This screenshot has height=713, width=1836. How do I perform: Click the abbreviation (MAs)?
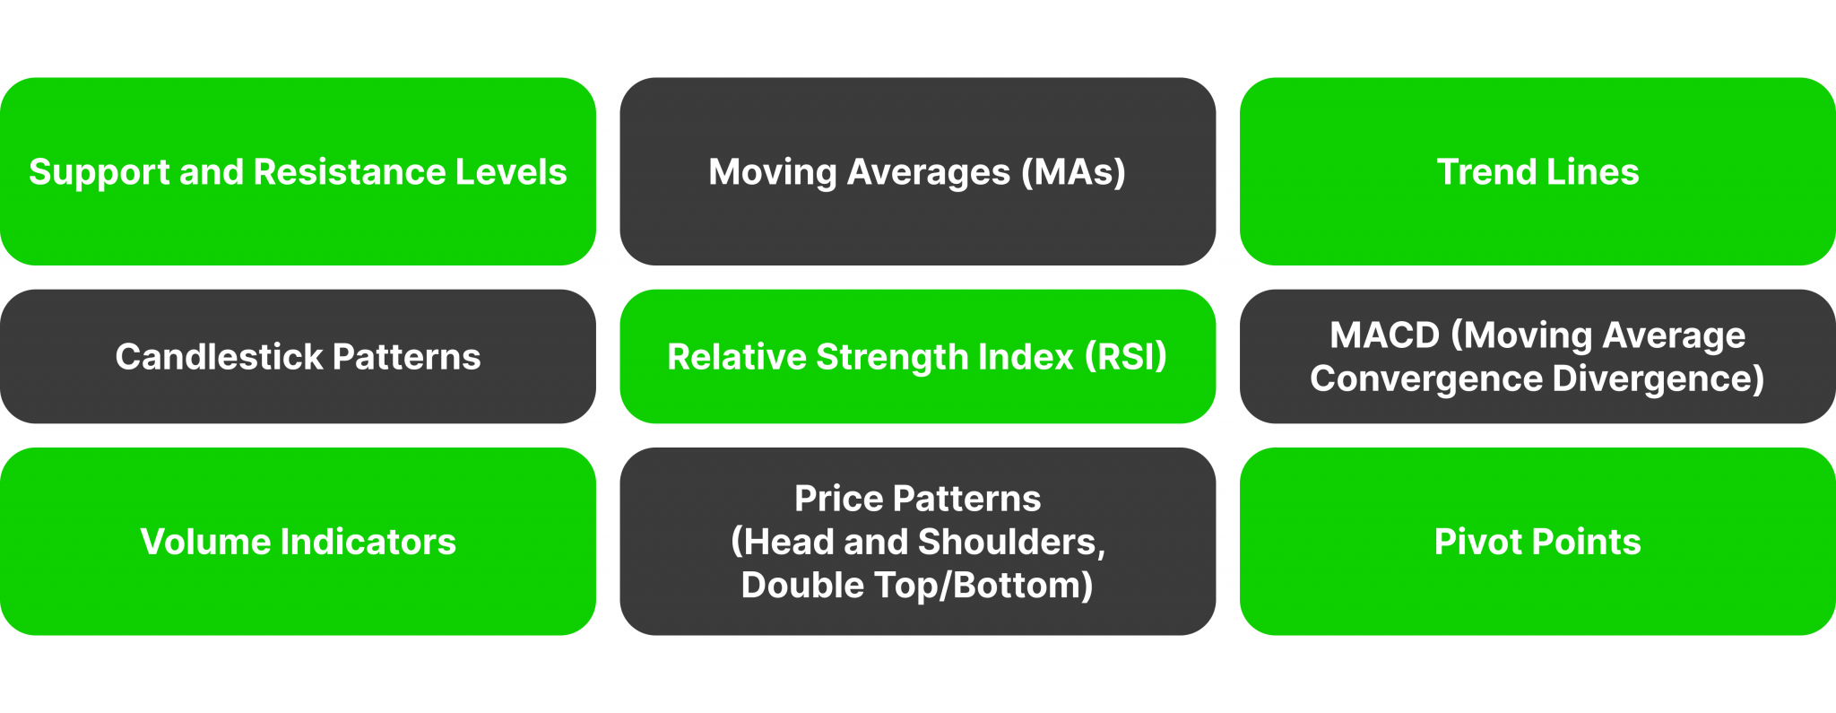tap(1073, 172)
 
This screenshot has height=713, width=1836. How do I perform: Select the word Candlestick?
tap(219, 357)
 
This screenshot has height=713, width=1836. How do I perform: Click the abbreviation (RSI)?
tap(1125, 357)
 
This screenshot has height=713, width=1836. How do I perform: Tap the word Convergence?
tap(1425, 378)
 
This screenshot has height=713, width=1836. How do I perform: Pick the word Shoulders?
tap(1011, 542)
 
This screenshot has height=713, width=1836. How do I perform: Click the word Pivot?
tap(1477, 542)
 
